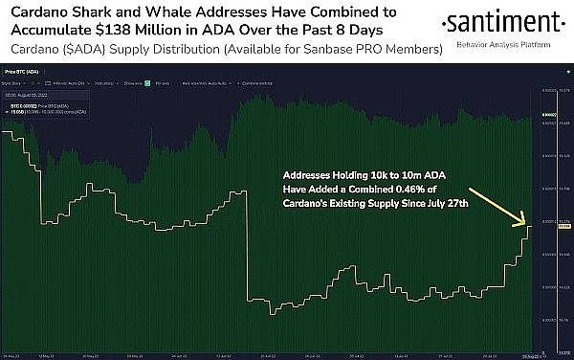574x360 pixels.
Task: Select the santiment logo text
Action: tap(497, 22)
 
